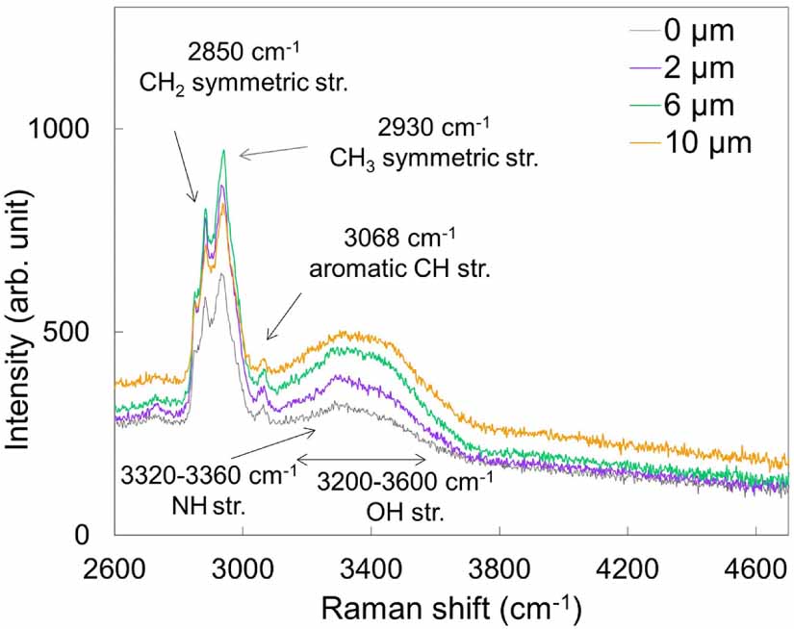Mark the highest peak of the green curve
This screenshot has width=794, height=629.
pyautogui.click(x=223, y=150)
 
